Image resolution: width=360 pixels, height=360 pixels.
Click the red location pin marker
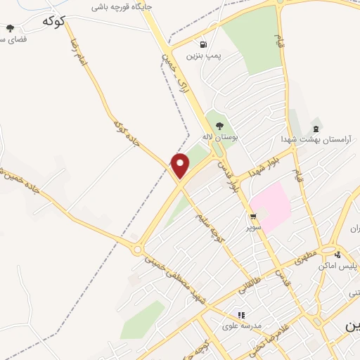pos(181,165)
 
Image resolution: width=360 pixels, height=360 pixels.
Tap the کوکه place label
pos(53,21)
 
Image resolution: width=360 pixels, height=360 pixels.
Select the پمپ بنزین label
pos(203,54)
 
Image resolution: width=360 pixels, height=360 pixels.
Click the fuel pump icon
pos(204,42)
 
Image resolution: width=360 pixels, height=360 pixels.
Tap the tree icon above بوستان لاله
pos(219,125)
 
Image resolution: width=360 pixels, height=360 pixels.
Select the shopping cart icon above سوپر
pos(252,216)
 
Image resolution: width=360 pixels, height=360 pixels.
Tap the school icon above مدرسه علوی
pos(241,315)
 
